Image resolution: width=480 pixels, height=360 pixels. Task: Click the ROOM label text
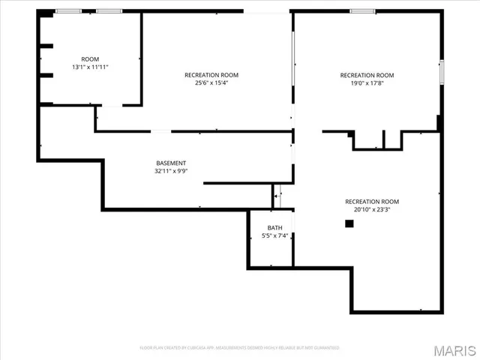pyautogui.click(x=90, y=58)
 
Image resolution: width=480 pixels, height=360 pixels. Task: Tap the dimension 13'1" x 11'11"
pyautogui.click(x=90, y=67)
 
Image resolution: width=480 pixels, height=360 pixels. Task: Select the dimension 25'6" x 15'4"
pyautogui.click(x=211, y=82)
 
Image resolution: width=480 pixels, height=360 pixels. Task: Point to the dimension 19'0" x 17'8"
pyautogui.click(x=367, y=82)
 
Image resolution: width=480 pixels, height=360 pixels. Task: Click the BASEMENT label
pyautogui.click(x=171, y=163)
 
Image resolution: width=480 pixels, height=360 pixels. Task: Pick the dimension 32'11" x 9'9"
pyautogui.click(x=171, y=171)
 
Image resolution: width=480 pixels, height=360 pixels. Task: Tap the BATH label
pyautogui.click(x=275, y=227)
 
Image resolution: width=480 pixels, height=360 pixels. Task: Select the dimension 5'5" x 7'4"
pyautogui.click(x=275, y=235)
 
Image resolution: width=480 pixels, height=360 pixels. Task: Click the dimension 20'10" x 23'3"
pyautogui.click(x=372, y=210)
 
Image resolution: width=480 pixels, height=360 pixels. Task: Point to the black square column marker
pyautogui.click(x=349, y=223)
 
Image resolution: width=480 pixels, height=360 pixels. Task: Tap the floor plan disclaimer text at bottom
pyautogui.click(x=240, y=347)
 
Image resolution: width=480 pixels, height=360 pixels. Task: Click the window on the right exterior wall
pyautogui.click(x=442, y=71)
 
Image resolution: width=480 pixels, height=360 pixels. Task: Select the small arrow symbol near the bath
pyautogui.click(x=276, y=196)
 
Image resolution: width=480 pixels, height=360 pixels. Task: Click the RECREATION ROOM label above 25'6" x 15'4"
pyautogui.click(x=211, y=74)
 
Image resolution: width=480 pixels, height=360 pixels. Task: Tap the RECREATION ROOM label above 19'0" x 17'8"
pyautogui.click(x=367, y=74)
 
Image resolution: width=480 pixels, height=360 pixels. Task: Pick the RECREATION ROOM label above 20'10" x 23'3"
pyautogui.click(x=372, y=201)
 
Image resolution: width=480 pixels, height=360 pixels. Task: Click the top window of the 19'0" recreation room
pyautogui.click(x=363, y=11)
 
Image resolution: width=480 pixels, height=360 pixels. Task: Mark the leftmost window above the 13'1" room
pyautogui.click(x=69, y=11)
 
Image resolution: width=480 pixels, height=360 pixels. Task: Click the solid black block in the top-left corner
pyautogui.click(x=46, y=13)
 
